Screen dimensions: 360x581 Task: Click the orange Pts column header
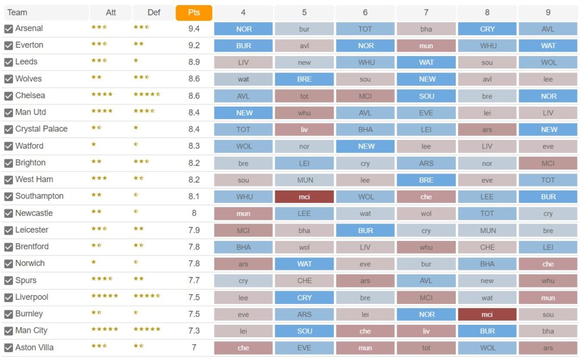pos(194,12)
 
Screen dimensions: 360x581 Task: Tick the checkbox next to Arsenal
pos(9,29)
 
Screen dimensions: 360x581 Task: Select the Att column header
pos(111,12)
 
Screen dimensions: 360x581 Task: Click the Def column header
pos(154,12)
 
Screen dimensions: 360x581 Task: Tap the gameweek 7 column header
pos(426,12)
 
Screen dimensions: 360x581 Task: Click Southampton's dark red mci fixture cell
pos(304,197)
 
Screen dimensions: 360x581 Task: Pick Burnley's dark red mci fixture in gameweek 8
pos(487,314)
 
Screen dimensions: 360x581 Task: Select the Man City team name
pos(31,331)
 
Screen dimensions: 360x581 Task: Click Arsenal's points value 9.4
pos(194,29)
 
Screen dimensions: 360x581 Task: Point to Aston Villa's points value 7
pos(194,348)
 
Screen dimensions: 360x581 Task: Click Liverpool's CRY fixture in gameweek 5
pos(304,298)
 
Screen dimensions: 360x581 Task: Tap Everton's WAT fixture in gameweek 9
pos(548,46)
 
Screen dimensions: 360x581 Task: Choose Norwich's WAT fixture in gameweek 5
pos(304,264)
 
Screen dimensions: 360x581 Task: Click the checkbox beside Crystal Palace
pos(9,129)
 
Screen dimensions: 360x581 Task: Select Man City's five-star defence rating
pos(147,329)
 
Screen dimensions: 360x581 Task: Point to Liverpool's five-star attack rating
pos(105,296)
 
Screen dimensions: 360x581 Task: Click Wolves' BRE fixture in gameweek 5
pos(304,79)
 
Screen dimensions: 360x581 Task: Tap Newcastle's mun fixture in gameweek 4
pos(243,214)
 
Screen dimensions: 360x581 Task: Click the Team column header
pos(17,12)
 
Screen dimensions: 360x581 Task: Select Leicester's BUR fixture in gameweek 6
pos(365,230)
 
